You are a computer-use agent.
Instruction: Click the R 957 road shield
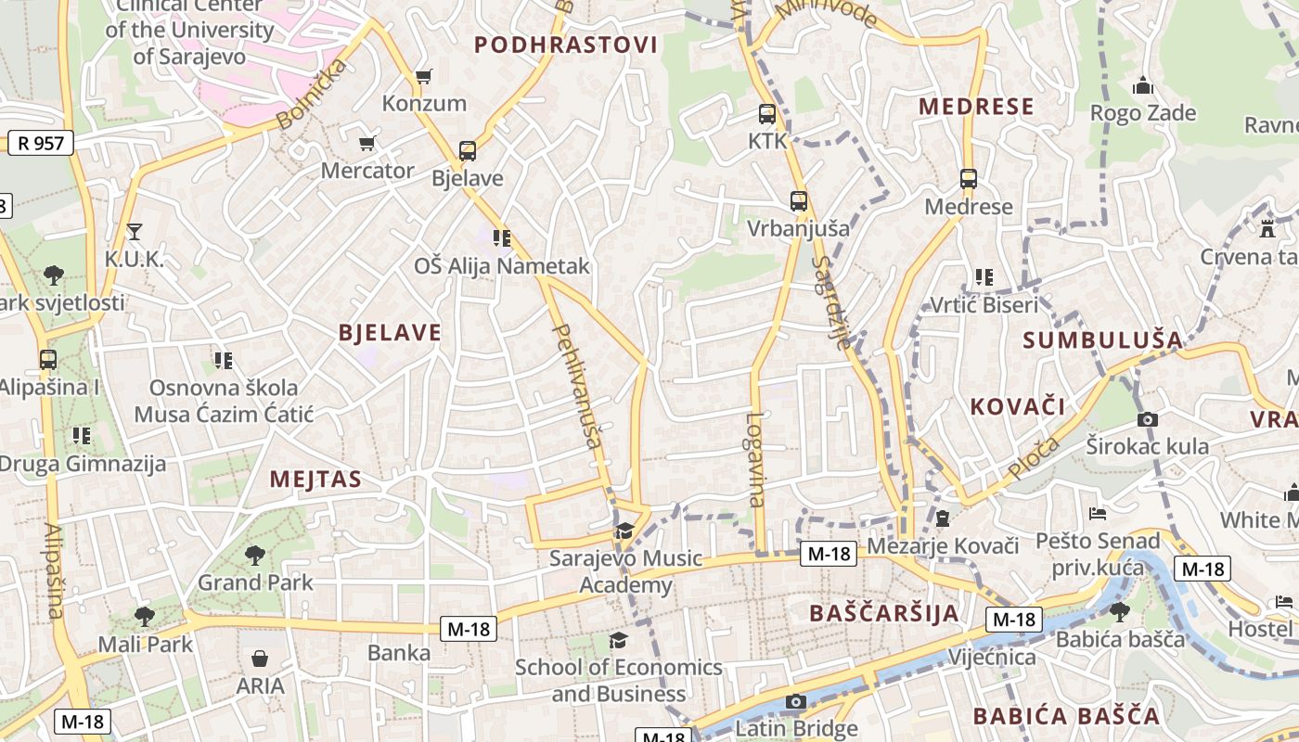41,143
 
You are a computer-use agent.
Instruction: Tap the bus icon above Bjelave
468,150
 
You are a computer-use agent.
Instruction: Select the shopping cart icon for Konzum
424,76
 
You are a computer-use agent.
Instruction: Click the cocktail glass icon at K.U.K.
135,231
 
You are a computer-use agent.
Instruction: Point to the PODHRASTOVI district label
566,45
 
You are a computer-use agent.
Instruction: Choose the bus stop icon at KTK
767,114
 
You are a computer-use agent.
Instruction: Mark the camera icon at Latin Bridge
796,701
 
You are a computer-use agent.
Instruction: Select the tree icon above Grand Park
255,556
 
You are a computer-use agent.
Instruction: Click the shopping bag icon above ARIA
260,659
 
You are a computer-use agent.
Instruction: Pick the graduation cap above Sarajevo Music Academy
625,531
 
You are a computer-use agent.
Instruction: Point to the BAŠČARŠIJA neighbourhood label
883,613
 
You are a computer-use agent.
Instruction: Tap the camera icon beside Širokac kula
1148,419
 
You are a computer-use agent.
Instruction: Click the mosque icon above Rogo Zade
1143,86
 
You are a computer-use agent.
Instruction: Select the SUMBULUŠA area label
1103,339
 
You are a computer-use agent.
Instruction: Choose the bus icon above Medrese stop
969,178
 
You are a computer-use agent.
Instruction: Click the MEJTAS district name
315,480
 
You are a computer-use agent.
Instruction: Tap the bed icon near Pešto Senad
1098,513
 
